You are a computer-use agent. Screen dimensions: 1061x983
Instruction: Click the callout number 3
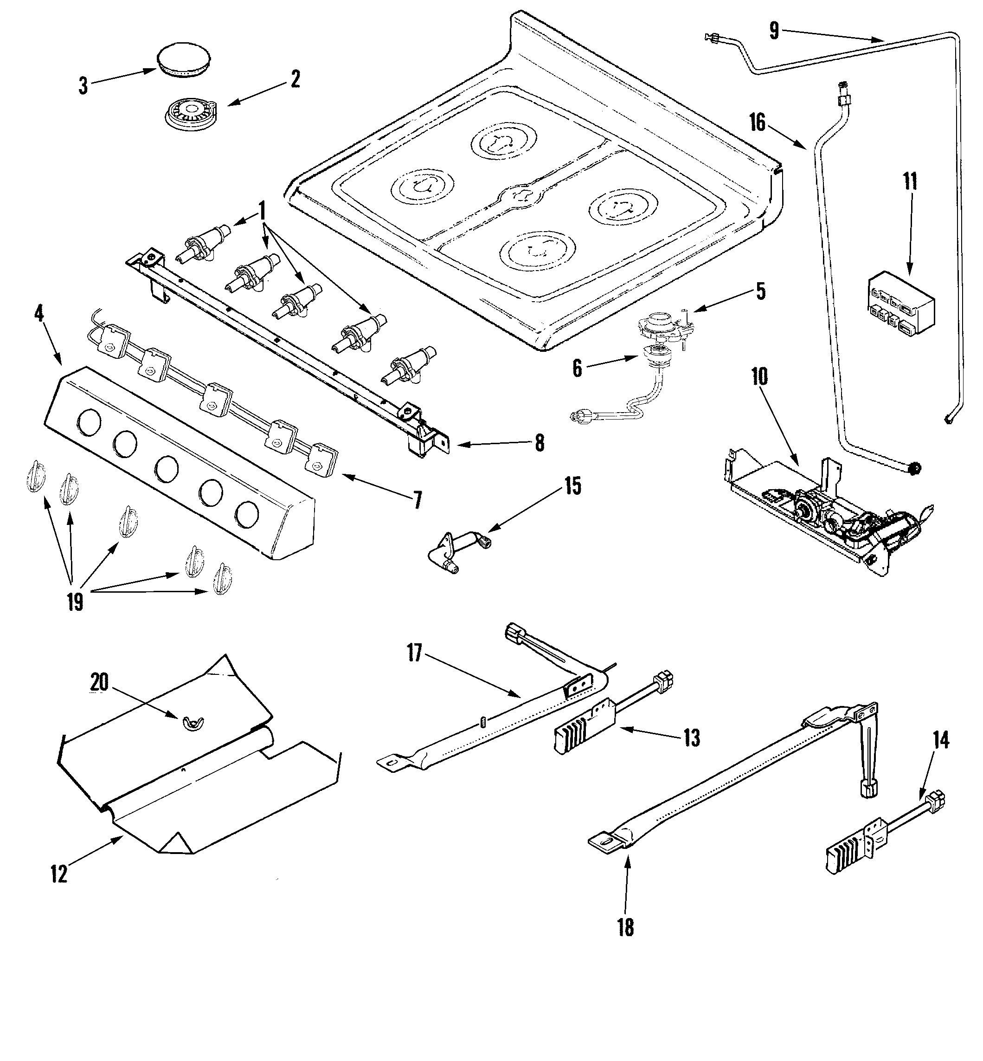(83, 86)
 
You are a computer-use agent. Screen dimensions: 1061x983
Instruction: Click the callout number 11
(910, 182)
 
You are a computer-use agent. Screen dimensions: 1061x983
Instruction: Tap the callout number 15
(572, 487)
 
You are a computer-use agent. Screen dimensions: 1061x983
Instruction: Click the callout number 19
(75, 602)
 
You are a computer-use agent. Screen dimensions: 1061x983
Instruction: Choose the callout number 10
(759, 377)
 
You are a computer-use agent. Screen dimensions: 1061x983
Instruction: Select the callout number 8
(540, 443)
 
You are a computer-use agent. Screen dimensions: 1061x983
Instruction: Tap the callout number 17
(414, 653)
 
